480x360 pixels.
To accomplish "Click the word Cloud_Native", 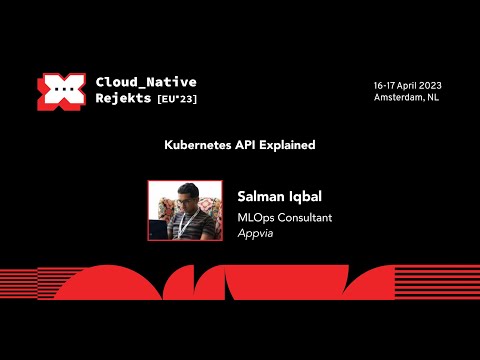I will coord(146,81).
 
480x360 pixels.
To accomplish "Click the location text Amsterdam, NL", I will coord(407,98).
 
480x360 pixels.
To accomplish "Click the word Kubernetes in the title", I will coord(197,145).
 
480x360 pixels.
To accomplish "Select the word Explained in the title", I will coord(289,145).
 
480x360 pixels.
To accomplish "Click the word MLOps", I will coord(256,217).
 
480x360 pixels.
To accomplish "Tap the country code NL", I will coord(432,98).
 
